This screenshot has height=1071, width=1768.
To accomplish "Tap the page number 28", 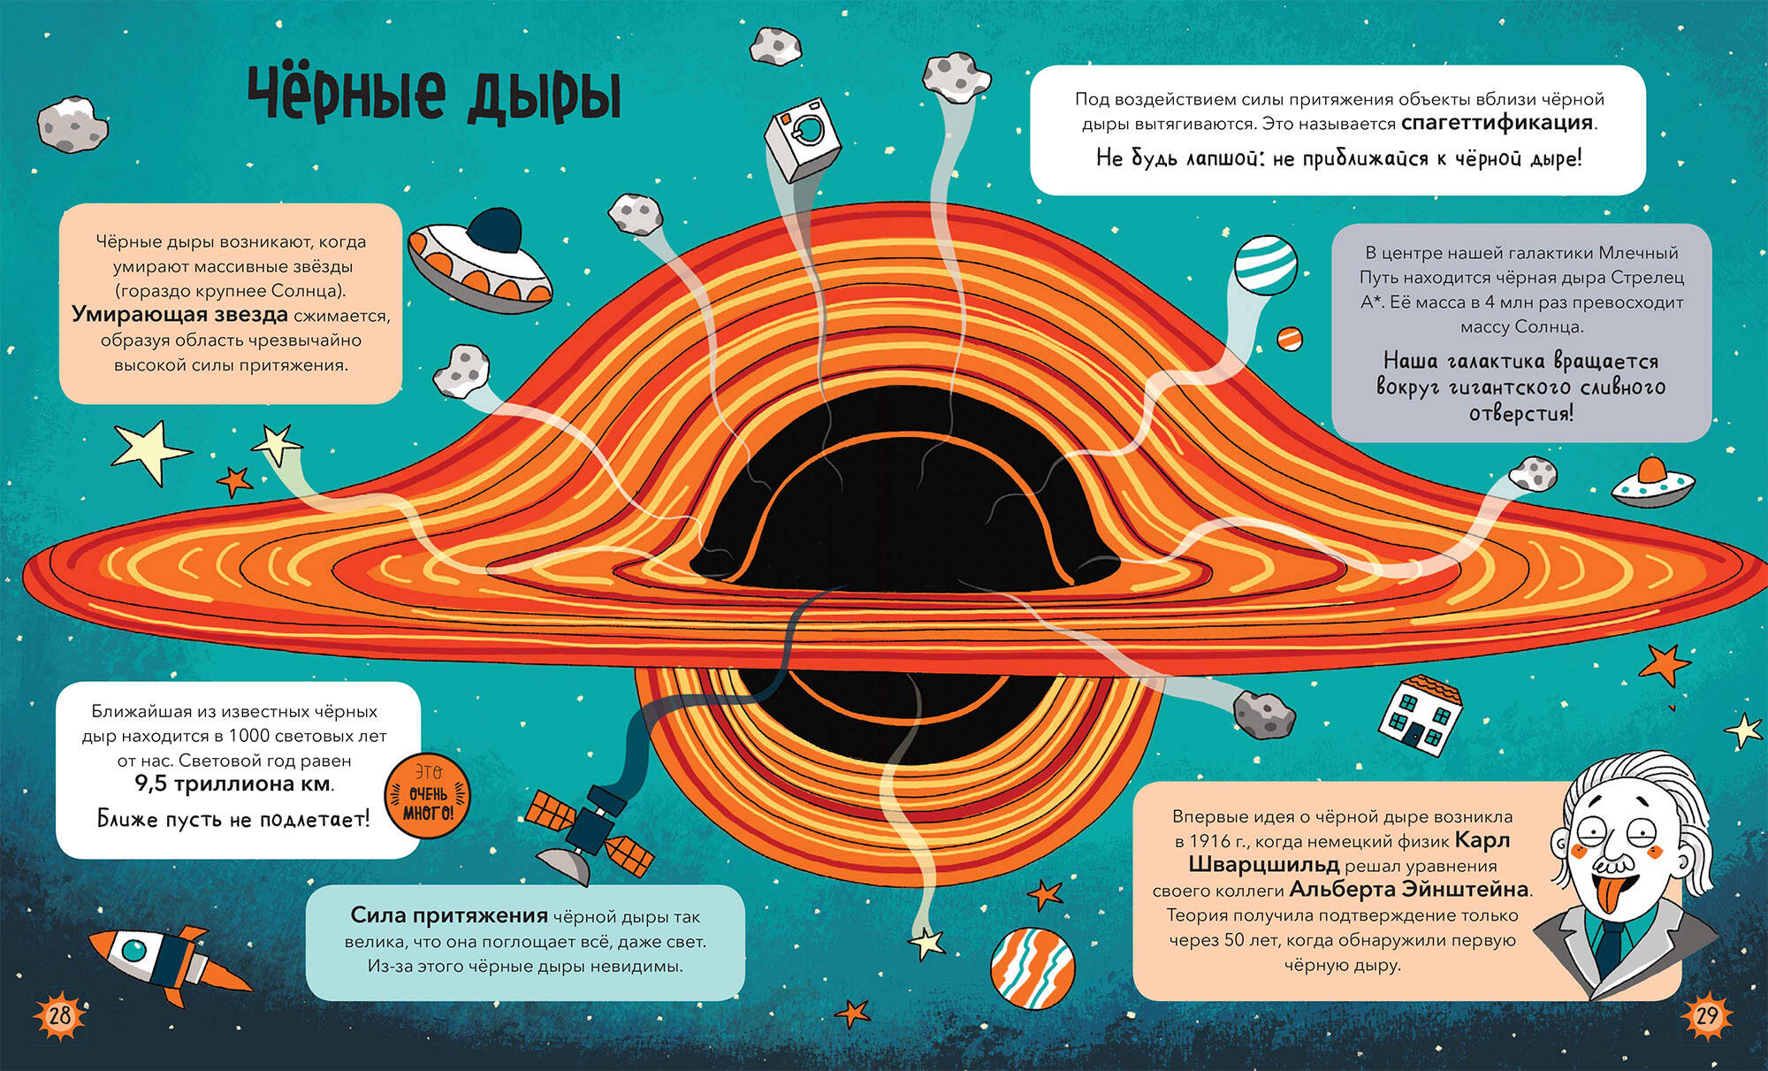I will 59,1014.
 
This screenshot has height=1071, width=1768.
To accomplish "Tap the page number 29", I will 1706,1014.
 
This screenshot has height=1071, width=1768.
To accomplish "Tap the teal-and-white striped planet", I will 1265,264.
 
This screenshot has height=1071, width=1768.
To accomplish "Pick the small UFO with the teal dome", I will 1652,483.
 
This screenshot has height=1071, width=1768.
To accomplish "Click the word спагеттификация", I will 1497,123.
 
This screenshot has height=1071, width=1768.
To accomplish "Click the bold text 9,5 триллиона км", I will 233,784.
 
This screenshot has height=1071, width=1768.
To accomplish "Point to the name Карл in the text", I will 1482,840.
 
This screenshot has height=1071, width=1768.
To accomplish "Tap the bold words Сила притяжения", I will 449,915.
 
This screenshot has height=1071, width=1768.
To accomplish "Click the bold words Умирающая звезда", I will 179,315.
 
